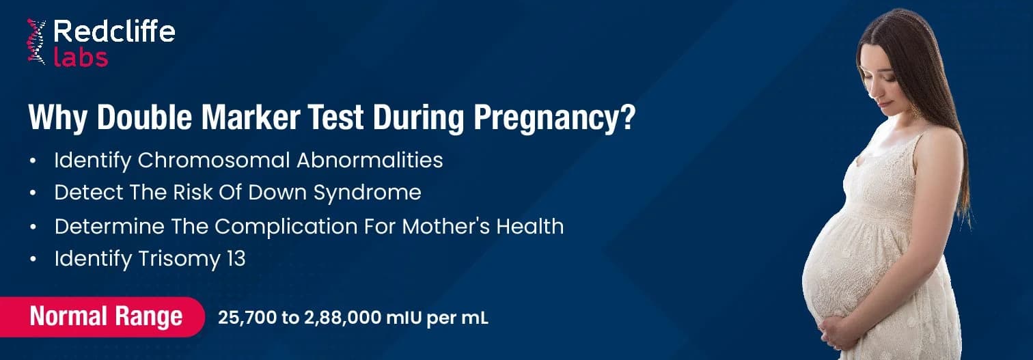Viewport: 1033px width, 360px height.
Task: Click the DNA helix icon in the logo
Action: point(36,42)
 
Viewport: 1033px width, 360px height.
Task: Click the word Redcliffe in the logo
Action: point(113,31)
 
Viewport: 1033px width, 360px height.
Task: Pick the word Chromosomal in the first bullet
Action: point(215,161)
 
